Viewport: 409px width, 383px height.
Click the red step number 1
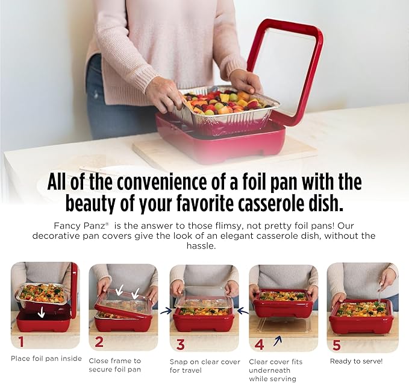(x=21, y=342)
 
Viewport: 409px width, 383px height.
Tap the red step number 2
(x=99, y=343)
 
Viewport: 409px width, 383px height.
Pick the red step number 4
(x=259, y=344)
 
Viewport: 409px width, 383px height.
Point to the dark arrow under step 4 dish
(x=277, y=341)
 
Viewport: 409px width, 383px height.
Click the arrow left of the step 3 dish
(x=165, y=311)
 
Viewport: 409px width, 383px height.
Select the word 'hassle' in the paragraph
(x=205, y=247)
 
